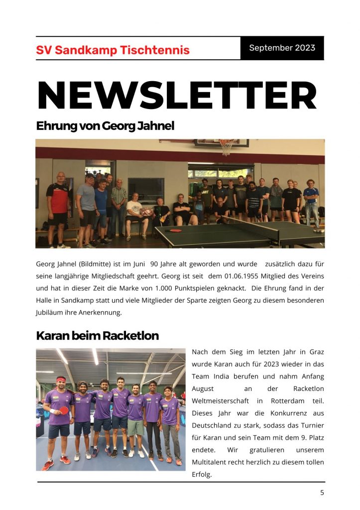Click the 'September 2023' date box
tap(282, 48)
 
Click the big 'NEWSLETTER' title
tap(177, 96)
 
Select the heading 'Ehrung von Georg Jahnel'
tap(105, 126)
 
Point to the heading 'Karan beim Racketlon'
tap(97, 336)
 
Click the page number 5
tap(322, 493)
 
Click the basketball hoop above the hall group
tap(227, 146)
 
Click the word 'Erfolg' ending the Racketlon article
tap(202, 475)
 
